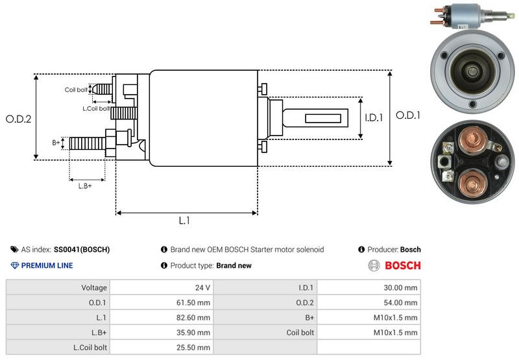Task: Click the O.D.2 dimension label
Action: pos(18,119)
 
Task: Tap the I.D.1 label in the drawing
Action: pos(374,117)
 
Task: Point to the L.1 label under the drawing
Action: pos(184,221)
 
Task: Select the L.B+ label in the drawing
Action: pos(85,186)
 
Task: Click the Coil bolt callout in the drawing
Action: pos(75,90)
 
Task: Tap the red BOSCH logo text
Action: pos(402,265)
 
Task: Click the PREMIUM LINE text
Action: pos(47,265)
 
